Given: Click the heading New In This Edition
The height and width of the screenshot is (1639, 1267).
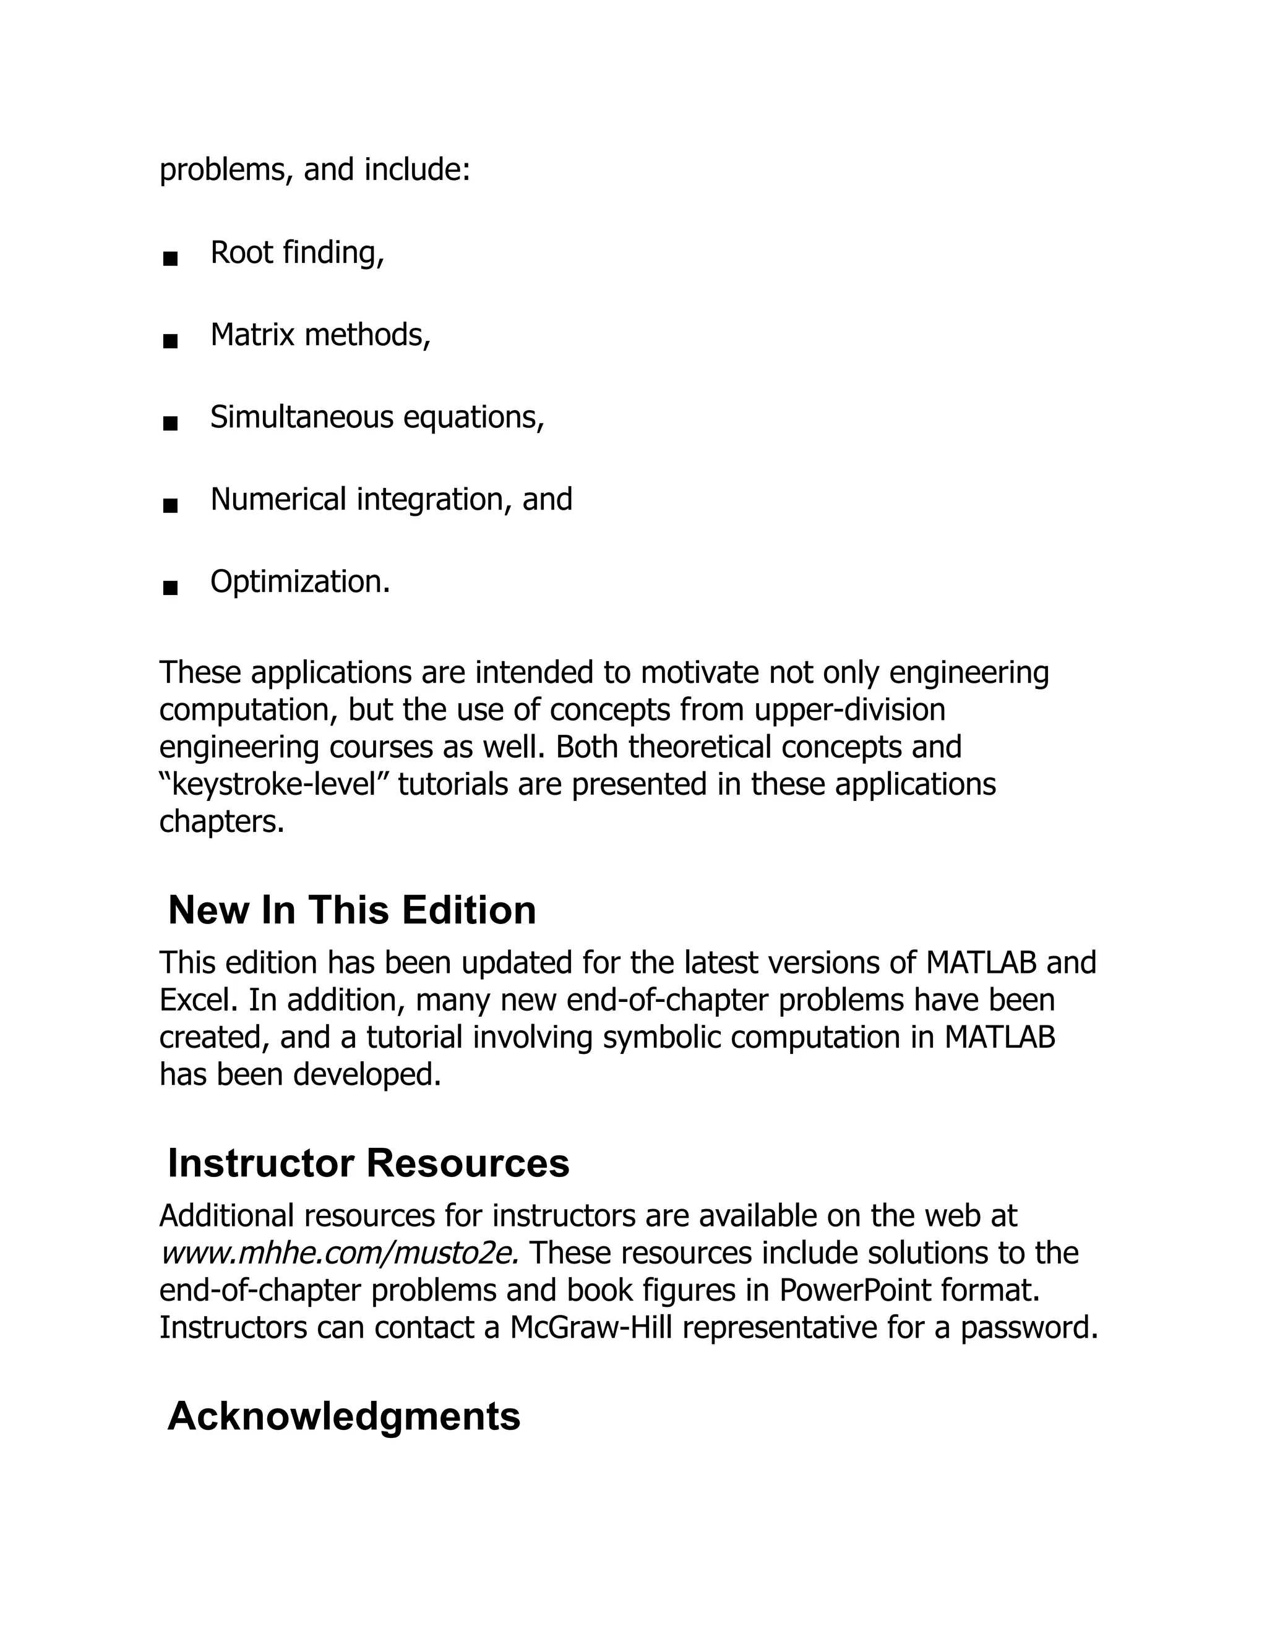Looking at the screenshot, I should (352, 910).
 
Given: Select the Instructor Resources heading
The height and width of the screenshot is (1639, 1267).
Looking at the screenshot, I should (369, 1163).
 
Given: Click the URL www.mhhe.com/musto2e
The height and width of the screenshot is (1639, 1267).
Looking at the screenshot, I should (339, 1253).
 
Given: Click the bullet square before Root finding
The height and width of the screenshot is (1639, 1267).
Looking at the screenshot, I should (170, 260).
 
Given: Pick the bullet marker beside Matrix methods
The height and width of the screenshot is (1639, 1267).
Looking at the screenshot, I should (170, 342).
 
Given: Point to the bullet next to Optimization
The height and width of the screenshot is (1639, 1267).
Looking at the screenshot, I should (170, 588).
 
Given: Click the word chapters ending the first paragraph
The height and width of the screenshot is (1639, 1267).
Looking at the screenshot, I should (221, 823).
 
